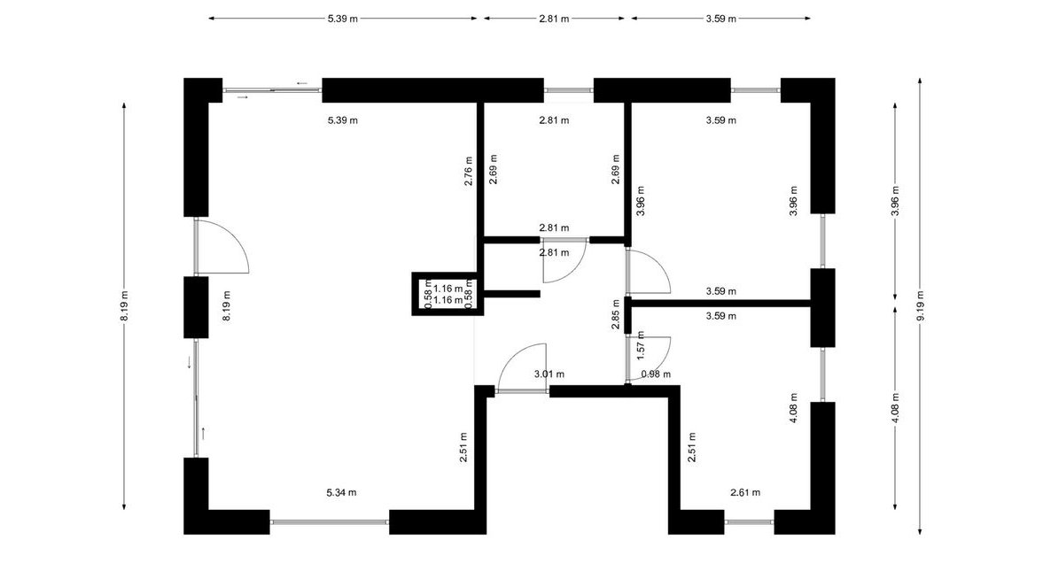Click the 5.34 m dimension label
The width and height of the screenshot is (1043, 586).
tap(341, 492)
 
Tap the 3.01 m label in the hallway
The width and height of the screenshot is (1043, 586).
tap(549, 374)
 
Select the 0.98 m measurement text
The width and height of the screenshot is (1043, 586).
tap(656, 374)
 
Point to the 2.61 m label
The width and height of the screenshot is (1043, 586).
tap(745, 492)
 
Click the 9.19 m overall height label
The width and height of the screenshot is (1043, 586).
tap(921, 305)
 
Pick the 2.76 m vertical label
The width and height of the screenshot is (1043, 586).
tap(468, 171)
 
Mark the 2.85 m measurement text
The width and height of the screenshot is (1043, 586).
tap(616, 315)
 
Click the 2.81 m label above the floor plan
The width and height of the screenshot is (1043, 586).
tap(554, 19)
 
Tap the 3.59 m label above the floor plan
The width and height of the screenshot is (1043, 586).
tap(721, 19)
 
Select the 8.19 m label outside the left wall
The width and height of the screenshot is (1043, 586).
tap(124, 306)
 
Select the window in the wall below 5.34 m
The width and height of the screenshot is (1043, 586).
tap(330, 522)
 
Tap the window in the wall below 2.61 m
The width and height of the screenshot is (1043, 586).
tap(749, 522)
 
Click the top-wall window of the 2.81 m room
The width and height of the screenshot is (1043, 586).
tap(569, 90)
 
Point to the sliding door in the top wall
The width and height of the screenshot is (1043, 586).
tap(273, 90)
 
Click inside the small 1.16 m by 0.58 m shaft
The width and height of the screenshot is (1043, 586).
tap(448, 294)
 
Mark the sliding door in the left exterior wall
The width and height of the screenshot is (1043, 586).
tap(196, 398)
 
